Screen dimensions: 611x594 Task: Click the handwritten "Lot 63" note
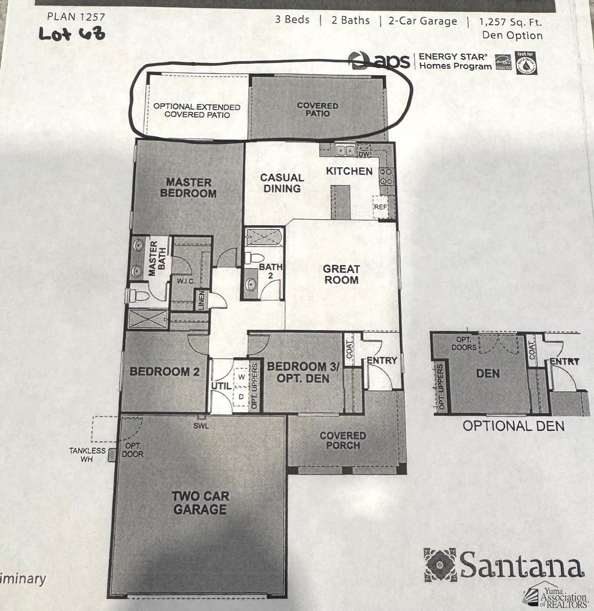click(71, 34)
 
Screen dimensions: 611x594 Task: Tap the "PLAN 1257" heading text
click(76, 17)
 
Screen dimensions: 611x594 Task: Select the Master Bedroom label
click(188, 188)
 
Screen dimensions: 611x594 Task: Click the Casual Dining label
click(282, 183)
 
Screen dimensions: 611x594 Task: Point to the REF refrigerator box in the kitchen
click(380, 207)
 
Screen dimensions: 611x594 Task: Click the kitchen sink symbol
click(345, 151)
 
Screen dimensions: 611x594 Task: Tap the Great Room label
click(341, 275)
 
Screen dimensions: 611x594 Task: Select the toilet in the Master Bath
click(139, 296)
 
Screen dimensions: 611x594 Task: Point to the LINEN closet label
click(202, 300)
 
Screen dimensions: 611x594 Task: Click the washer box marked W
click(241, 377)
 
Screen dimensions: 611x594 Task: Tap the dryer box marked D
click(241, 397)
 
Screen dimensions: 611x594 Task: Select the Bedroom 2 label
click(164, 372)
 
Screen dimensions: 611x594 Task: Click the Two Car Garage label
click(200, 503)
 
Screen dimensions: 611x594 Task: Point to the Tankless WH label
click(87, 455)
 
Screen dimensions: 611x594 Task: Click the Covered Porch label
click(343, 441)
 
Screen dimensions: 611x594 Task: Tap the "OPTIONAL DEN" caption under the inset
click(513, 426)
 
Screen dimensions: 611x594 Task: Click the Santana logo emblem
click(440, 564)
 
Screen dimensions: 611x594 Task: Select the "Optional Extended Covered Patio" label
click(197, 111)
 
